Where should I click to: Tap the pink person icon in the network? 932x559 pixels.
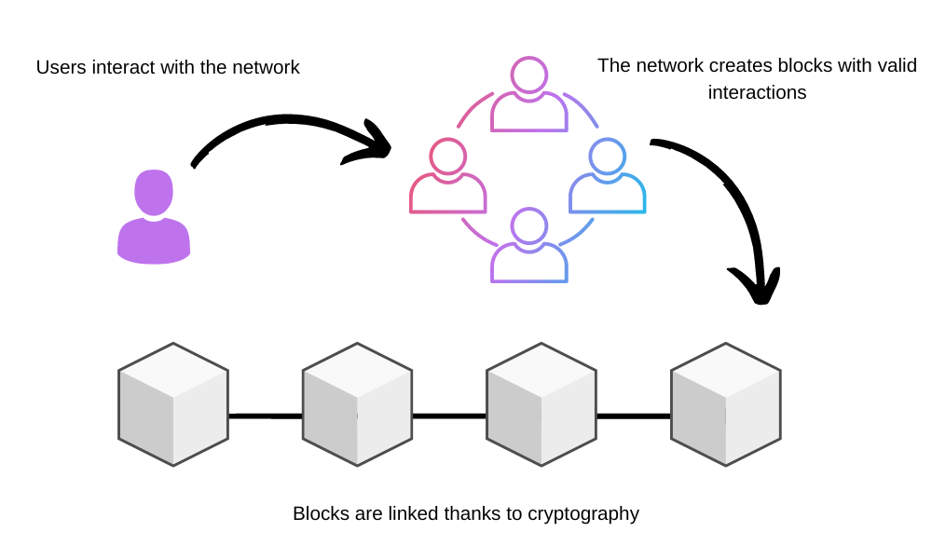point(447,177)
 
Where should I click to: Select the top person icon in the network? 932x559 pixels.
point(529,95)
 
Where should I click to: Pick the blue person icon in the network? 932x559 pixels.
point(608,177)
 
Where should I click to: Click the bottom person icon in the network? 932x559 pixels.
point(529,246)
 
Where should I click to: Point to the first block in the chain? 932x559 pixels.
point(173,404)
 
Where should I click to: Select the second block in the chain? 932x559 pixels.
point(357,404)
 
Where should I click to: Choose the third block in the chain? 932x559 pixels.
point(541,404)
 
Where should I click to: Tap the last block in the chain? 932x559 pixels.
point(726,404)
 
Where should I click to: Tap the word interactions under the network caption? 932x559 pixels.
point(757,93)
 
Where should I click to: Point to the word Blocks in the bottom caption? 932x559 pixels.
point(319,514)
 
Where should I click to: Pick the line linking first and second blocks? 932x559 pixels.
point(266,416)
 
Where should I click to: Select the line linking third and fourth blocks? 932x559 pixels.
point(634,416)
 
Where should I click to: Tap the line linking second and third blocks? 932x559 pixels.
point(449,416)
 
